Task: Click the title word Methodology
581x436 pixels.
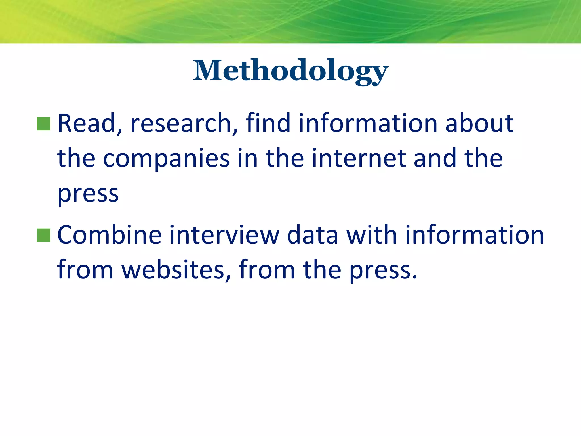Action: [290, 71]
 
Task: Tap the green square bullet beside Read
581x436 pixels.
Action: [44, 124]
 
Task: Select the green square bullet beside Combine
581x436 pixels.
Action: [44, 235]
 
